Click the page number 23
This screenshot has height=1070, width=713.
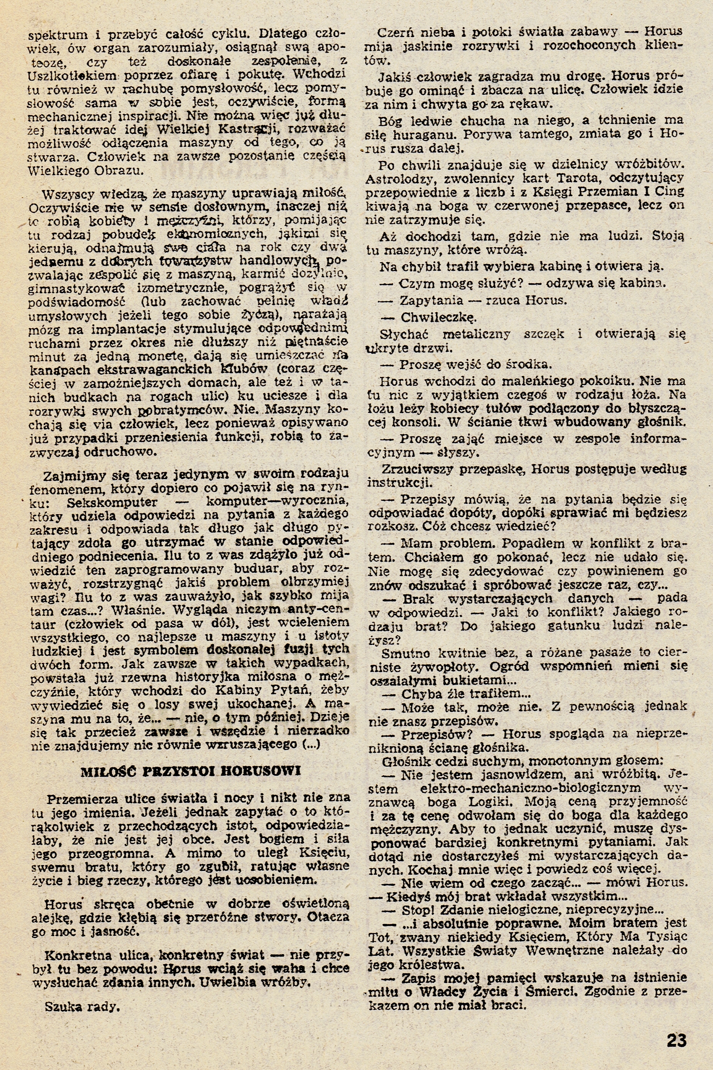[x=677, y=1028]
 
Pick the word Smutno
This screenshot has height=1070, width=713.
[x=406, y=654]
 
